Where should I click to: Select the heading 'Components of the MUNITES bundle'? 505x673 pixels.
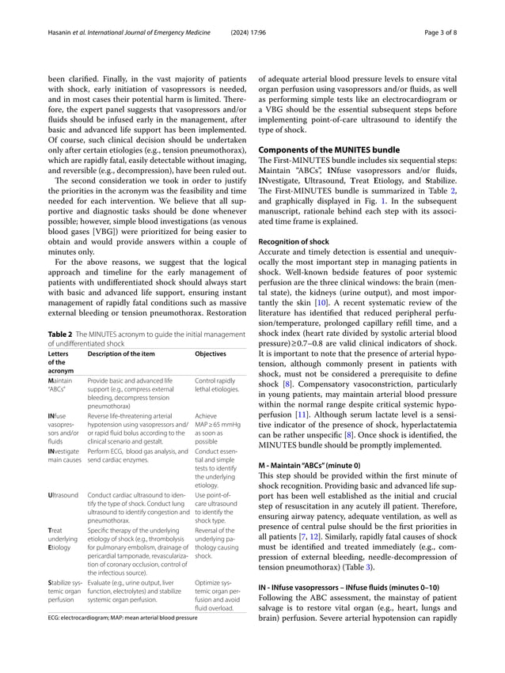click(331, 150)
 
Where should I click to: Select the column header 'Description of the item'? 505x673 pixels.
click(121, 354)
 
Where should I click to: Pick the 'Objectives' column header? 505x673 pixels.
click(210, 354)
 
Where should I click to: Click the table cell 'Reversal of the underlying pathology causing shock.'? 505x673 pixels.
click(215, 545)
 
